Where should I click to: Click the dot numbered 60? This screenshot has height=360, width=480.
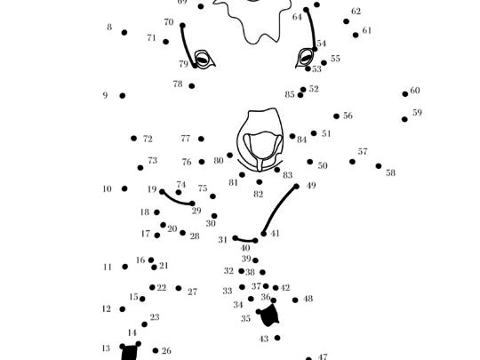click(405, 94)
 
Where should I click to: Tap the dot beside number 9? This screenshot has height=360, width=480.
click(122, 96)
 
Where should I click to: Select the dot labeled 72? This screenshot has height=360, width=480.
click(133, 139)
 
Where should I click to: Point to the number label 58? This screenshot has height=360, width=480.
click(390, 173)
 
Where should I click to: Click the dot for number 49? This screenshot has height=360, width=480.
click(296, 186)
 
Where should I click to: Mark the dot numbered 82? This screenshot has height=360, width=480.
click(260, 182)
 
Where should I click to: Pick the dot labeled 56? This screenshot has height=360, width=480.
click(336, 116)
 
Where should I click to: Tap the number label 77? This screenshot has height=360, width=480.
click(186, 139)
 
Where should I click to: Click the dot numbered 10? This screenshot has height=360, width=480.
click(124, 188)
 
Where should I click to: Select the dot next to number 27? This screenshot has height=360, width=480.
click(179, 288)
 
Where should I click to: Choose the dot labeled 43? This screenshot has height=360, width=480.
click(277, 338)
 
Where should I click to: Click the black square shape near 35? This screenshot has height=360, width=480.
click(269, 316)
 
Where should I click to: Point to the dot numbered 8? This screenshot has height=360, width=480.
click(124, 33)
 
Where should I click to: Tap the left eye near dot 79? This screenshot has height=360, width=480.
click(204, 59)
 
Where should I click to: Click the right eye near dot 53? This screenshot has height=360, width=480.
click(305, 58)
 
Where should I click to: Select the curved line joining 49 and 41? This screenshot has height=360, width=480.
click(278, 209)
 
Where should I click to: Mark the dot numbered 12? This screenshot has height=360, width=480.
click(122, 309)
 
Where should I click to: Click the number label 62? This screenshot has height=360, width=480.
click(356, 12)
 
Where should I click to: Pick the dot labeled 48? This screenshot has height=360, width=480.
click(295, 300)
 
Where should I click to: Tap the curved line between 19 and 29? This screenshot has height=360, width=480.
click(175, 201)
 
